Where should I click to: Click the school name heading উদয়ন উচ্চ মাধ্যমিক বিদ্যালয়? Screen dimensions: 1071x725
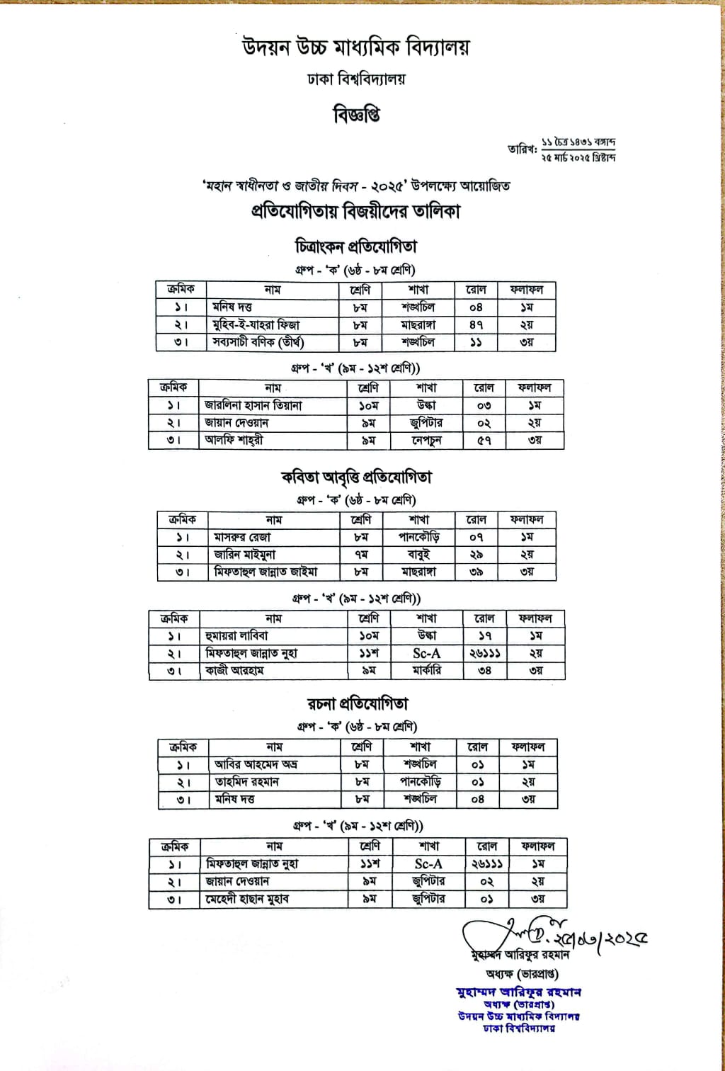click(x=355, y=48)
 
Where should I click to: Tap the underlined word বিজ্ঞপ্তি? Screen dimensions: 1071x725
click(x=356, y=114)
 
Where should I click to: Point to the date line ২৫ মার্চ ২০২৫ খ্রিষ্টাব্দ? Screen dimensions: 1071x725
click(x=578, y=157)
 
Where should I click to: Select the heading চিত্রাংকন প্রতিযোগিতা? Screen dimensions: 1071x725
click(x=355, y=246)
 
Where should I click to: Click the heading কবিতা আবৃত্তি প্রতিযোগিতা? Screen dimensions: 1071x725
click(x=355, y=477)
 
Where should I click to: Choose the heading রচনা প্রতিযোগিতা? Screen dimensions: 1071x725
click(x=358, y=703)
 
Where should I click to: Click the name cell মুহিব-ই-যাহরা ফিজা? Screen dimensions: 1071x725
click(x=256, y=325)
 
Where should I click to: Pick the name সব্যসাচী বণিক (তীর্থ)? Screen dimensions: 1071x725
click(x=258, y=342)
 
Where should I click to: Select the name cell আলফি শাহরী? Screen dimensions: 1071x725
click(x=234, y=440)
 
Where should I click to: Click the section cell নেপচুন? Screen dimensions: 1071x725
click(x=427, y=440)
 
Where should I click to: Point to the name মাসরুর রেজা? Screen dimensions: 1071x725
click(x=242, y=538)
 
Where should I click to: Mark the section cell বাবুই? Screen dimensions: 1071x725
click(x=419, y=555)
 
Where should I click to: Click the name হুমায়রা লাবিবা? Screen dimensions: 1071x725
click(x=236, y=635)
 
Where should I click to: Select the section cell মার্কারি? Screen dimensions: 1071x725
click(x=427, y=670)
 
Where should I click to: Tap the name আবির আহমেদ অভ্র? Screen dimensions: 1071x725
click(x=256, y=764)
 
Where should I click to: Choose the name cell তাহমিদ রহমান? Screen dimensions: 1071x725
click(x=247, y=782)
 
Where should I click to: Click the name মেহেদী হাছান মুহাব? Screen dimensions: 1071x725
click(x=247, y=899)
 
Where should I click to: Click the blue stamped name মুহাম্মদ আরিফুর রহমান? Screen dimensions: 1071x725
click(x=519, y=992)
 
